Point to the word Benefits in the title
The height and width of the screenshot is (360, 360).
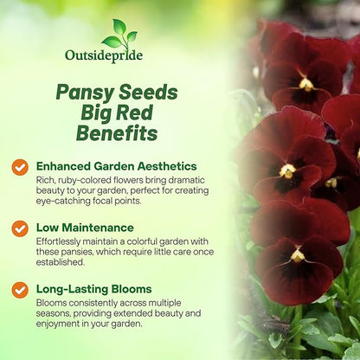click(x=105, y=133)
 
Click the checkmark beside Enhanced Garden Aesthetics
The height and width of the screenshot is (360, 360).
click(x=19, y=165)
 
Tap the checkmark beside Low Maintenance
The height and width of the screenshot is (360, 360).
click(x=19, y=228)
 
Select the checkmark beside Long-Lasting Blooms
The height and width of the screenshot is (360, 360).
click(x=19, y=290)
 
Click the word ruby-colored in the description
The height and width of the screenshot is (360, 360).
click(x=79, y=178)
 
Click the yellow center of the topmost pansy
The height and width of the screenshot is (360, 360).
click(x=305, y=84)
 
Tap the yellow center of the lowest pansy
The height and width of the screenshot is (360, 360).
click(x=298, y=254)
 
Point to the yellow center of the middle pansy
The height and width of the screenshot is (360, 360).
click(x=288, y=170)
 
